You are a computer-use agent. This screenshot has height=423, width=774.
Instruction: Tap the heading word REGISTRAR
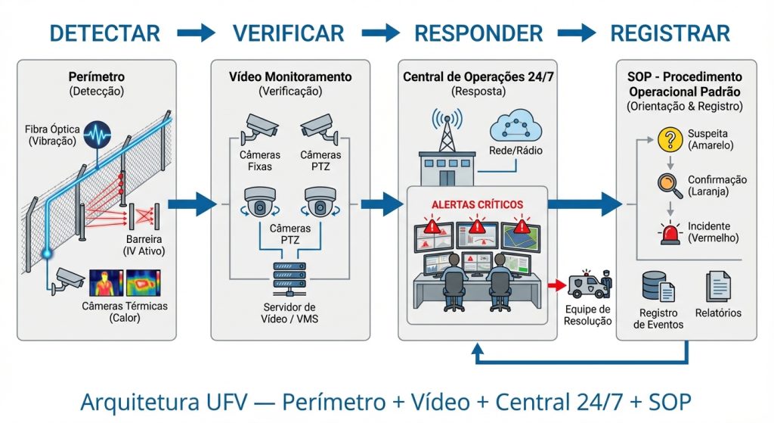coord(670,33)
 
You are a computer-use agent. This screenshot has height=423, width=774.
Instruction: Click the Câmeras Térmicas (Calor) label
coord(125,312)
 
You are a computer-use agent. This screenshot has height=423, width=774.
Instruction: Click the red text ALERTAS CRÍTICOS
coord(477,204)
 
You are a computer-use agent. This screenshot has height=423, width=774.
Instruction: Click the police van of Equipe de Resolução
coord(590,285)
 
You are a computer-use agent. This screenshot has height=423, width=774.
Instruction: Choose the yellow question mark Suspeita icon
coord(668,139)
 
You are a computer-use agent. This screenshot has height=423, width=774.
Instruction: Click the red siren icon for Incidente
coord(668,232)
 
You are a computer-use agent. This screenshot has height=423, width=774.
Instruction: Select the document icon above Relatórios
coord(717,287)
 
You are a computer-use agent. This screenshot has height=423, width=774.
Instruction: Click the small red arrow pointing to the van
coord(559,285)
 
